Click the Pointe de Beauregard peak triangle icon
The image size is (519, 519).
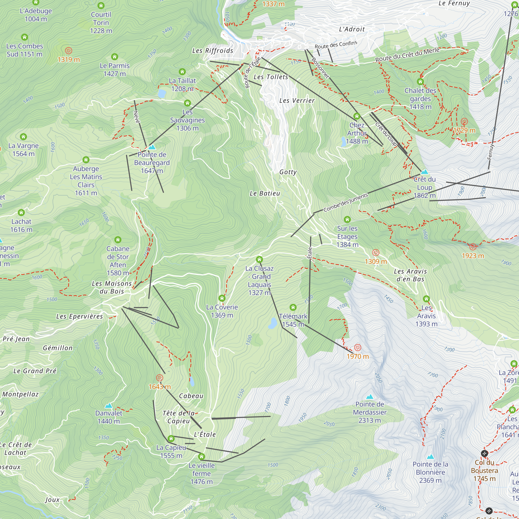[152, 147]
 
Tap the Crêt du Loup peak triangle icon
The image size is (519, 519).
[425, 172]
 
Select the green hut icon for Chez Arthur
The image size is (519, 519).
[357, 116]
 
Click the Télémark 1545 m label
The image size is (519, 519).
[293, 320]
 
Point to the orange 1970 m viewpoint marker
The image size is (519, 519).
[358, 347]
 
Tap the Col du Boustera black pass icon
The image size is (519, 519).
[484, 454]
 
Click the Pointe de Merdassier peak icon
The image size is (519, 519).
[370, 397]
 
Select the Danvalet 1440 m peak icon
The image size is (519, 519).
[108, 406]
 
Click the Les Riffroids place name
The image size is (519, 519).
[213, 51]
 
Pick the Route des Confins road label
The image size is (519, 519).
[336, 45]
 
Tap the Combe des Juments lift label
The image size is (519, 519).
[345, 203]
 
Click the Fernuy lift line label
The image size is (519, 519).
[491, 152]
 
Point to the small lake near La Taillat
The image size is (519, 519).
[162, 93]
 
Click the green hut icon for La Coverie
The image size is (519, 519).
[222, 298]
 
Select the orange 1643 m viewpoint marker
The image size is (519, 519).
[160, 378]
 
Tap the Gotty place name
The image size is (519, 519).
[288, 172]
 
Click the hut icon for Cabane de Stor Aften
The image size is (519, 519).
[118, 240]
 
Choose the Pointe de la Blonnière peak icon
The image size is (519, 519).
[430, 457]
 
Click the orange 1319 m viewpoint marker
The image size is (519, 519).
[69, 51]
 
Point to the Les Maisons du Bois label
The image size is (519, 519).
[112, 287]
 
